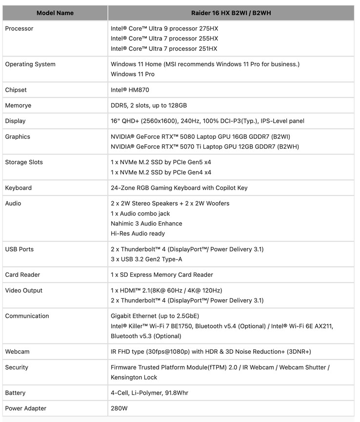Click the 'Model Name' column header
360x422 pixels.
(x=55, y=13)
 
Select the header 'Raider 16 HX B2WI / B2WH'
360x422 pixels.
(x=231, y=13)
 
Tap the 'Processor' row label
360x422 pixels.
(x=20, y=28)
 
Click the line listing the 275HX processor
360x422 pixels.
(x=164, y=28)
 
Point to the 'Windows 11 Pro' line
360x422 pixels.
(x=133, y=74)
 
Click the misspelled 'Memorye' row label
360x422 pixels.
(x=18, y=105)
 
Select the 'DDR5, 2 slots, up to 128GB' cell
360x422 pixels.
(x=149, y=105)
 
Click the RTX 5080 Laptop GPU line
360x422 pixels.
(x=200, y=136)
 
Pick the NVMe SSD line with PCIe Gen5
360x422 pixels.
(x=161, y=162)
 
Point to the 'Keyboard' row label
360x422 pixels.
(x=19, y=188)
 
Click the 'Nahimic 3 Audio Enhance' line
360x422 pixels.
(x=146, y=223)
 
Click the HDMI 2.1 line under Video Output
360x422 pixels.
(x=166, y=290)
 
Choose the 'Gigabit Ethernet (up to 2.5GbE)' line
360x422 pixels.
(x=155, y=316)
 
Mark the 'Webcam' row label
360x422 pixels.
(x=17, y=351)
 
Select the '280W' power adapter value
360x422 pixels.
(x=119, y=408)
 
